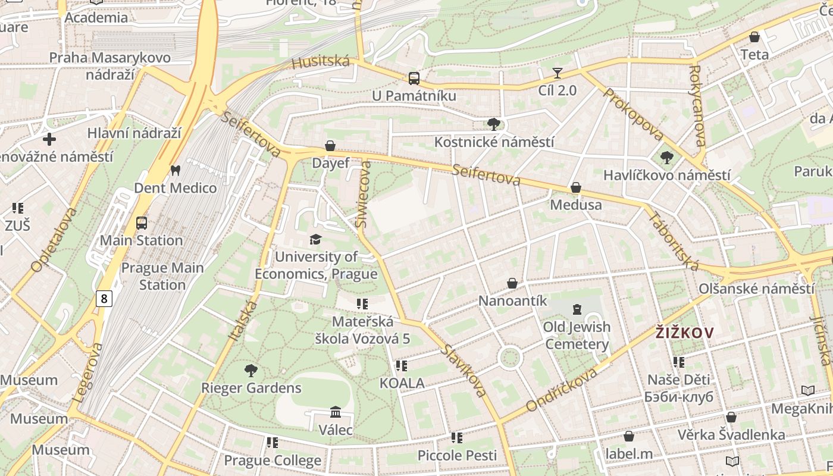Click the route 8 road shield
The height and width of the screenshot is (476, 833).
tap(104, 298)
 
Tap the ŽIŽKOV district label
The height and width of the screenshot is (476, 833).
tap(684, 333)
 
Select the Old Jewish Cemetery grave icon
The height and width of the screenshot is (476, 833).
tap(577, 309)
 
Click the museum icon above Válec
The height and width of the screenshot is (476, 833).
tap(336, 412)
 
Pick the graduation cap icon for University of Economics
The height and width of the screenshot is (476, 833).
tap(315, 239)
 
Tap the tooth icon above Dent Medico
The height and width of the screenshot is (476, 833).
tap(175, 170)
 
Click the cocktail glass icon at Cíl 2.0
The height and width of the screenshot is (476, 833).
tap(557, 73)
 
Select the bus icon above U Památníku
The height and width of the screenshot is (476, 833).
tap(414, 78)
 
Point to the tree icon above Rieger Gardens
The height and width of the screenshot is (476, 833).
tap(251, 371)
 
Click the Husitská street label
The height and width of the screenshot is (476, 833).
tap(321, 61)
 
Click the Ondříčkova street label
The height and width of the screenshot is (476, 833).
tap(562, 390)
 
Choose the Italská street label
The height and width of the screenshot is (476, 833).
tap(243, 320)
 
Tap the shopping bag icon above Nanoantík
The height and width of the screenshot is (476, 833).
tap(512, 283)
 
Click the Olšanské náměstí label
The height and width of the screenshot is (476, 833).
tap(756, 289)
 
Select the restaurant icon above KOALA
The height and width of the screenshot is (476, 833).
tap(402, 365)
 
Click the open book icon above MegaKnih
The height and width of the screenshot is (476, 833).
tap(807, 390)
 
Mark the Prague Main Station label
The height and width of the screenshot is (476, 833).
tap(162, 276)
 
